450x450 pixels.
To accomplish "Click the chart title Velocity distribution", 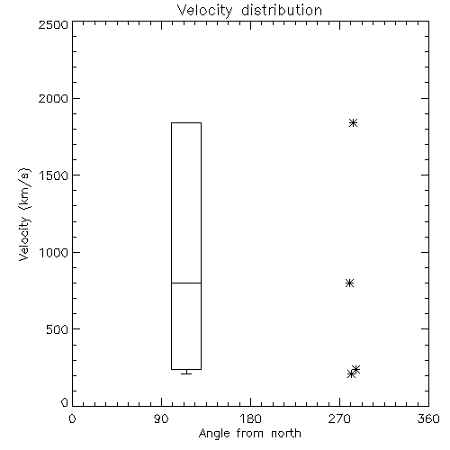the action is point(249,11).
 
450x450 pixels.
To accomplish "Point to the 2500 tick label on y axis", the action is point(53,24).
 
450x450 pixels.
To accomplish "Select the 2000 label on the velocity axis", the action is point(53,98).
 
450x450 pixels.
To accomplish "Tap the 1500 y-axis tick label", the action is point(54,175).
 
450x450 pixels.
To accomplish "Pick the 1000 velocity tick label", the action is point(54,253).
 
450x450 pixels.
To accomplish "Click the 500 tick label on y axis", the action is point(58,329).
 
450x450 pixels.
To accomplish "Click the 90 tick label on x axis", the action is point(161,418).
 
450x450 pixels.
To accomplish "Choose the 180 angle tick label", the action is point(250,418).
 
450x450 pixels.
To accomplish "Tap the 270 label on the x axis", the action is point(339,418).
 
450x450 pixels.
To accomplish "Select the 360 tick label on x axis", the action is point(428,418).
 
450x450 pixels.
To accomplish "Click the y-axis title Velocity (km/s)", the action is point(24,214).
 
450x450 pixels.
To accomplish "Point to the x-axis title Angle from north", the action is point(250,434).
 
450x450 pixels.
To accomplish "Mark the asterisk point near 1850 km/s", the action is point(354,122).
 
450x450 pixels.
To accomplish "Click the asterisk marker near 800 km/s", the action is point(349,283).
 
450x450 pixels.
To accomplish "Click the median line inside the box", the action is point(186,283).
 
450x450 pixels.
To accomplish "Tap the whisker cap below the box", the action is point(186,373).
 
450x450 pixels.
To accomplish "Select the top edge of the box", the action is point(186,122).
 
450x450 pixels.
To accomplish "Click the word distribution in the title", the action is point(282,10).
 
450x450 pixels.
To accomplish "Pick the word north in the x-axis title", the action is point(286,433).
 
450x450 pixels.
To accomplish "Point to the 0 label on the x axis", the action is point(72,418).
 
